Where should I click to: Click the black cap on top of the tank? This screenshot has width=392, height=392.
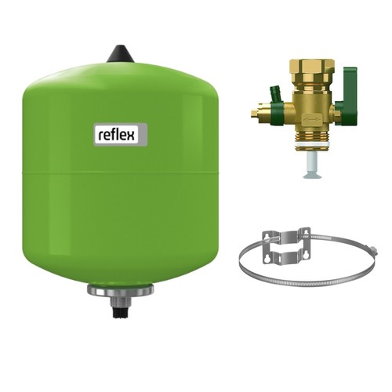point(121,54)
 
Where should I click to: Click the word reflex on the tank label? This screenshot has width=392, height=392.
point(117,135)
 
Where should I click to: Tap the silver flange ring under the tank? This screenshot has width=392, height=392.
point(120,290)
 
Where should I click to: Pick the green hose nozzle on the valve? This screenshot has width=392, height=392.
point(275,93)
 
